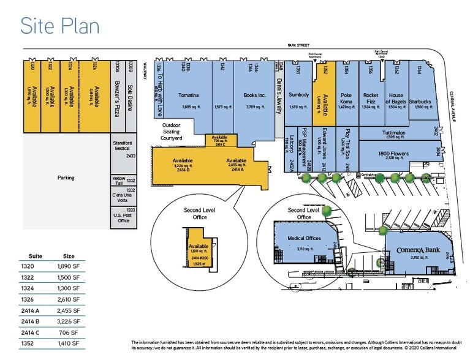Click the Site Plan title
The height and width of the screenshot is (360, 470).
(x=59, y=25)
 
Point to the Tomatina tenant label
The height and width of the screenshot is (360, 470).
(x=188, y=95)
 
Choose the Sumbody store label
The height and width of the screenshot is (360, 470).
(x=298, y=95)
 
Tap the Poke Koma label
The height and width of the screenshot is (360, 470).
(x=347, y=98)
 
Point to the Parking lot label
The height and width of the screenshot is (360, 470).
(x=66, y=178)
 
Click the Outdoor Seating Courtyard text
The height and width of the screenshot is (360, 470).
(x=172, y=132)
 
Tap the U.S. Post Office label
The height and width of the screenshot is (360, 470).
(x=123, y=217)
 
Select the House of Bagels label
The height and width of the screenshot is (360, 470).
(x=396, y=98)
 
